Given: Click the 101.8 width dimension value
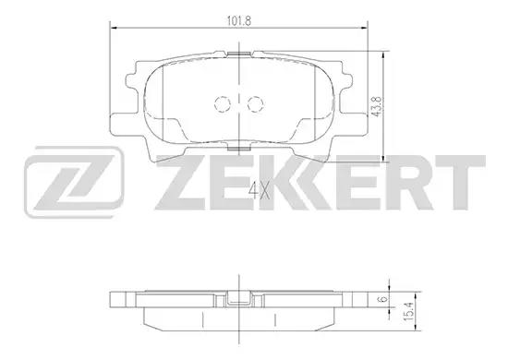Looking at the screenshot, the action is [239, 21].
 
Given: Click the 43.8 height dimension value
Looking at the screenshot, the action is [376, 106].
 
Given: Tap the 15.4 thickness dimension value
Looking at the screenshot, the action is [409, 312].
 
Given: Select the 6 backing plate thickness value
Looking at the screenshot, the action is [383, 299].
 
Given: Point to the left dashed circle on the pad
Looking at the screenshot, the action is [223, 104].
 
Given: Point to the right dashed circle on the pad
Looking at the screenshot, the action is [255, 104].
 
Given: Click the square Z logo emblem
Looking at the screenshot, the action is [74, 182].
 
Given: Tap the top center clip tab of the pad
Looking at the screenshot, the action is [239, 54].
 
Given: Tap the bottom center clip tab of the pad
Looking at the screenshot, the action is [239, 149].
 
